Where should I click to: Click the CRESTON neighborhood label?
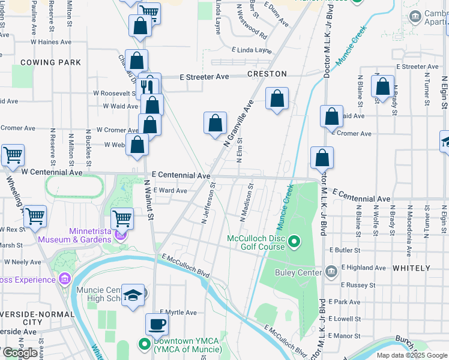point(266,74)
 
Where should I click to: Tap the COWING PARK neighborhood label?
point(50,62)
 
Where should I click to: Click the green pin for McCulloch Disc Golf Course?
point(294,242)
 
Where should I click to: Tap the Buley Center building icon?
point(330,272)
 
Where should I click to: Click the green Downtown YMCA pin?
point(144,344)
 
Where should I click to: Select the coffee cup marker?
point(157,324)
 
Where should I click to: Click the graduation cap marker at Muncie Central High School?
point(133,295)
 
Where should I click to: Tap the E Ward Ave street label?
point(170,191)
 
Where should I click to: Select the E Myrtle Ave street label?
point(178,313)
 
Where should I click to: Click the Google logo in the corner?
point(20,353)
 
